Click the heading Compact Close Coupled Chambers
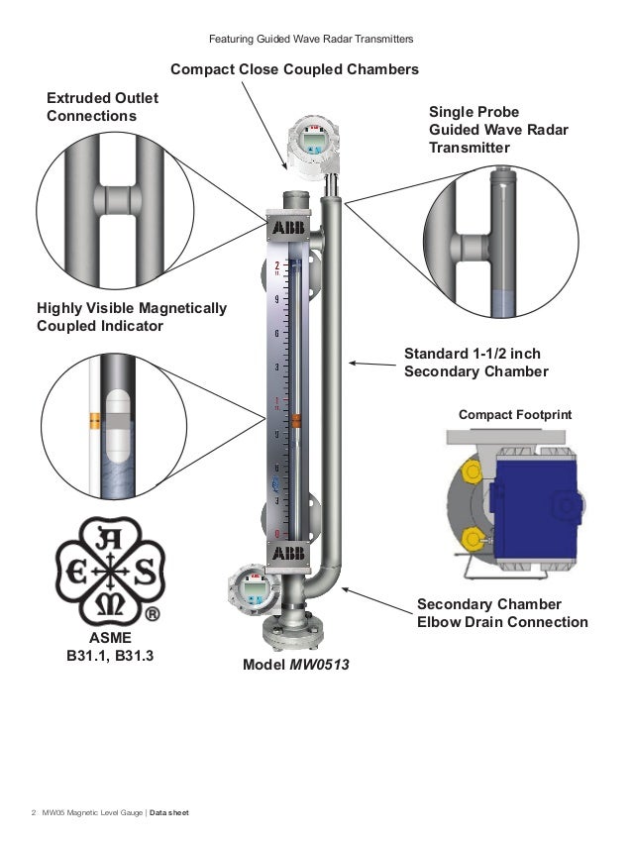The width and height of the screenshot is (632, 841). coord(294,70)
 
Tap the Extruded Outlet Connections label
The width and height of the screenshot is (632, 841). coord(102,108)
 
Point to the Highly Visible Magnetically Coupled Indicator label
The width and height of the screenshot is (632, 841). coord(132,317)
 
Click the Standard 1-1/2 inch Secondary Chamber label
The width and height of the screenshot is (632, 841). coord(476,363)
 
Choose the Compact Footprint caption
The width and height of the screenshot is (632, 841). coord(515,413)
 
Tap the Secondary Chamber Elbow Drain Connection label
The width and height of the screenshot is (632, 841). coord(502,613)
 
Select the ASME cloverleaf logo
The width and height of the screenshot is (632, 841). coord(108,573)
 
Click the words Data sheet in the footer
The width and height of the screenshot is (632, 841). coord(169,813)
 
